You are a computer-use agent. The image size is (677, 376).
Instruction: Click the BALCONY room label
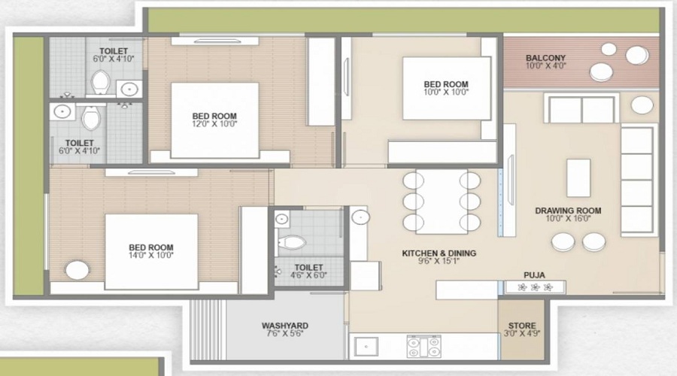[x=545, y=58]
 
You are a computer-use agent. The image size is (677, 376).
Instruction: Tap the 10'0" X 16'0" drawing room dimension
[x=568, y=218]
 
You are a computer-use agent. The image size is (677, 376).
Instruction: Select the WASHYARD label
[x=285, y=326]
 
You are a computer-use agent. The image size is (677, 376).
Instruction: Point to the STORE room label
[x=522, y=326]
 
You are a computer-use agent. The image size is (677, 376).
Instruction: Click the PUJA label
[x=534, y=275]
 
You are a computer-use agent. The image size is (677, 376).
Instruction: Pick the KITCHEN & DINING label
[x=439, y=253]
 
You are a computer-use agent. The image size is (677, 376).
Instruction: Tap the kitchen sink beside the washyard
[x=366, y=347]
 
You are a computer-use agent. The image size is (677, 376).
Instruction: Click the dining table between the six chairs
[x=442, y=202]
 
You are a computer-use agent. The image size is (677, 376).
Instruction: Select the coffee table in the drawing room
[x=578, y=178]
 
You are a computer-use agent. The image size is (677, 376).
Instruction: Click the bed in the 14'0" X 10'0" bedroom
[x=151, y=252]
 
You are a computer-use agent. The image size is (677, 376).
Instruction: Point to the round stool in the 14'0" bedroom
[x=77, y=270]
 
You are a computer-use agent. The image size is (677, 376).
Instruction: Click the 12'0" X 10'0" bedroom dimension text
[x=215, y=124]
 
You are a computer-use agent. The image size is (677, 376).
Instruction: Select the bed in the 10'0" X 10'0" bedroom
[x=446, y=89]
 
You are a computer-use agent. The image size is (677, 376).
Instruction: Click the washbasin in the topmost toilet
[x=129, y=89]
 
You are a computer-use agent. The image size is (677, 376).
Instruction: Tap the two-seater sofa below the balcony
[x=581, y=110]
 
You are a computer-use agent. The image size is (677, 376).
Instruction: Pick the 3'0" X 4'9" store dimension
[x=522, y=333]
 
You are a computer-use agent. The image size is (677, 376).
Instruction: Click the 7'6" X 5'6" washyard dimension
[x=285, y=333]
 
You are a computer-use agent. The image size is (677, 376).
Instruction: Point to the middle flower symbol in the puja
[x=535, y=287]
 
